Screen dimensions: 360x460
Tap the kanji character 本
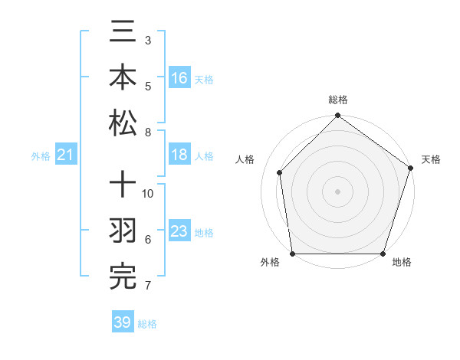coord(123,78)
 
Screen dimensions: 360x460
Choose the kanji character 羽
coord(123,232)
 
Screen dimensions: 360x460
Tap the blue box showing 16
coord(179,78)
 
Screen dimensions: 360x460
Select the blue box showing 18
coord(179,155)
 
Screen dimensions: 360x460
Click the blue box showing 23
coord(179,231)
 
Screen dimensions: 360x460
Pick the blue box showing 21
coord(66,155)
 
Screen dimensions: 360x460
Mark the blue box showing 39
coord(123,322)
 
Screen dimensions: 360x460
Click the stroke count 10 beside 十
coord(149,194)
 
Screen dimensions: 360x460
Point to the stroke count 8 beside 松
coord(148,133)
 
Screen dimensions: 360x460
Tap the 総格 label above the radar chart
coord(337,100)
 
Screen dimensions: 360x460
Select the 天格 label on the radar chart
coord(431,159)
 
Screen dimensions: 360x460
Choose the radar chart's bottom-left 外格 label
coord(270,263)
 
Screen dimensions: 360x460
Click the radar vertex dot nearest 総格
coord(337,116)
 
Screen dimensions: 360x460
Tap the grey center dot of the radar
coord(337,191)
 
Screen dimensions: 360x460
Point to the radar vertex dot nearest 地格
coord(383,254)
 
